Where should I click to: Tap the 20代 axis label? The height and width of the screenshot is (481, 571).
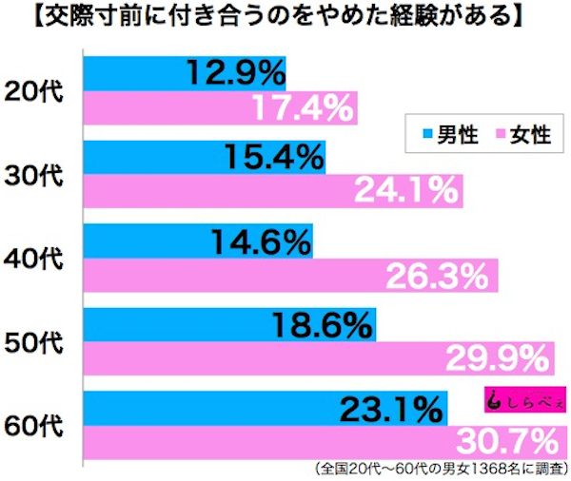coord(36,93)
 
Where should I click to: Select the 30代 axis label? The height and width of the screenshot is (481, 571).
coord(36,176)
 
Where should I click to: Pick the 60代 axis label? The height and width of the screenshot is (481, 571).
coord(36,424)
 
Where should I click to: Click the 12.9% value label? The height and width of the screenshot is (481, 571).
coord(233,72)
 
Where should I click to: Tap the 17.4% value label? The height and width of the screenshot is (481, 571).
coord(304,110)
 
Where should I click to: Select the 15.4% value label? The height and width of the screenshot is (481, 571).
coord(272,155)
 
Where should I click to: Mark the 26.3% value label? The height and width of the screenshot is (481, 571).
coord(443,277)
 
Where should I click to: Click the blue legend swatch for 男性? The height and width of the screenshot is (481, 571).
coord(425,135)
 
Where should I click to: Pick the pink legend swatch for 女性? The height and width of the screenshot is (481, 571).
coord(498,135)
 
